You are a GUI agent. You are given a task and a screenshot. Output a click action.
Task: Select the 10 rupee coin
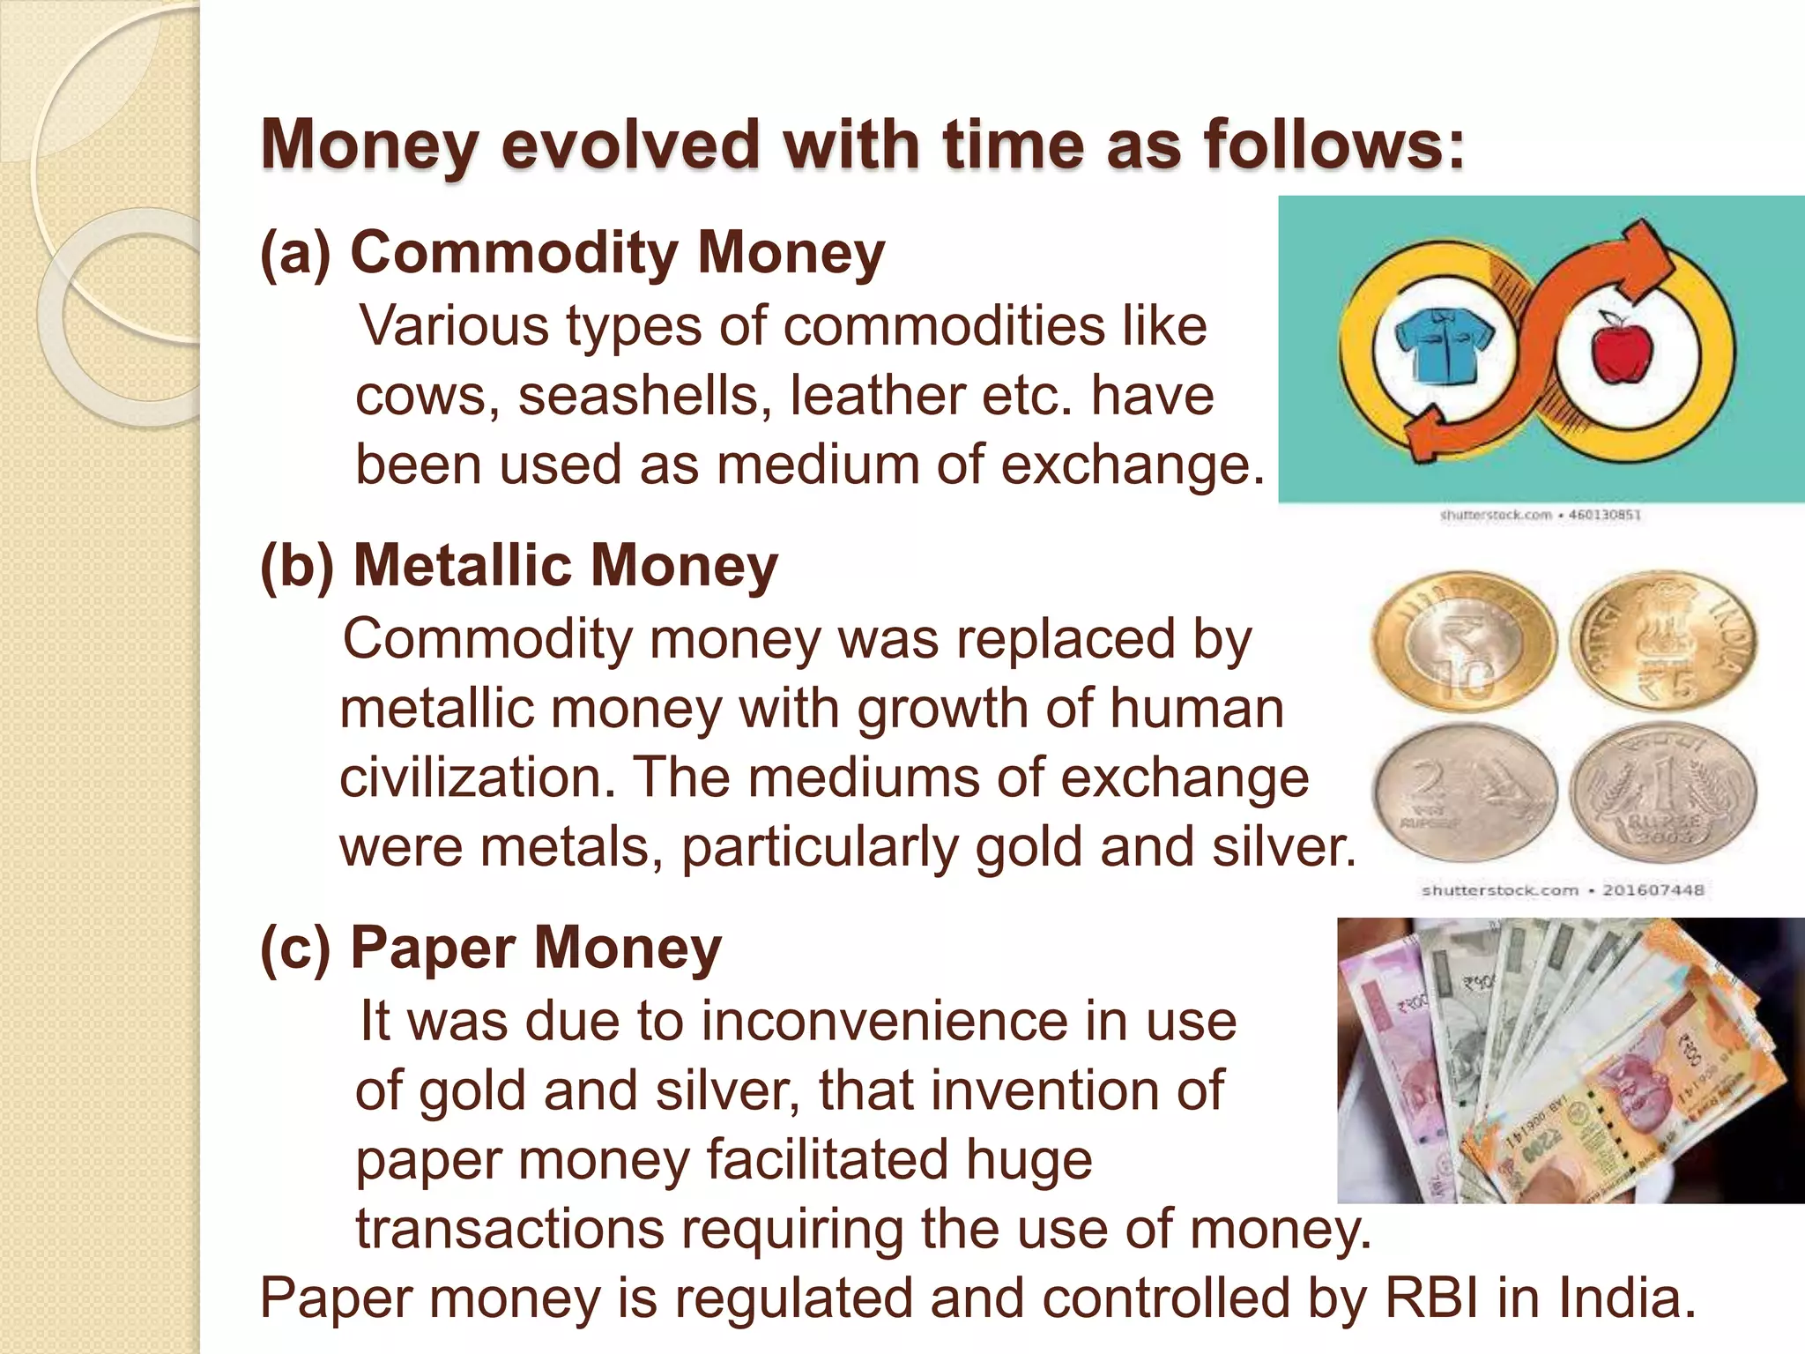[1464, 643]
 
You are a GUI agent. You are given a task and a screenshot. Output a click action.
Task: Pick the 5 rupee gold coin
[1663, 641]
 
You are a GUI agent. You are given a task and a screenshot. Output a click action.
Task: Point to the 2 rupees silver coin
[1464, 791]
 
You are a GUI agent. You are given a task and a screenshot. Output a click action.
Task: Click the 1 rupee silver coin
[1663, 792]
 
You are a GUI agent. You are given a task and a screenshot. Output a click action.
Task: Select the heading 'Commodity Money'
[617, 253]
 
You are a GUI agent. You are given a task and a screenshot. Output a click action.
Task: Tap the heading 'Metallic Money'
[565, 565]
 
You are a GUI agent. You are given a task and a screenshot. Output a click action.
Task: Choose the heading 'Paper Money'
[536, 949]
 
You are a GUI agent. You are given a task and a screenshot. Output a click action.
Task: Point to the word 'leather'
[877, 396]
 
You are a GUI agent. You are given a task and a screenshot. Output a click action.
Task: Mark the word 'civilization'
[477, 778]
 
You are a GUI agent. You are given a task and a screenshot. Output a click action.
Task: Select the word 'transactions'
[510, 1229]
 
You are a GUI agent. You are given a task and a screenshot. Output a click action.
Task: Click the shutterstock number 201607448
[1653, 890]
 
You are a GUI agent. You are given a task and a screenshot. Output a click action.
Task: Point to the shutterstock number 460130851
[1605, 515]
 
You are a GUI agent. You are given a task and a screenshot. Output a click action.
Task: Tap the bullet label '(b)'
[297, 566]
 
